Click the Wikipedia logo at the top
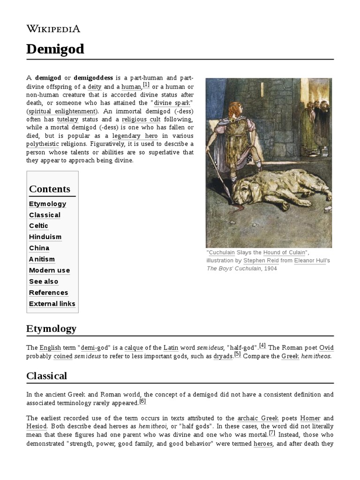(53, 29)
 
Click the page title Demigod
(55, 49)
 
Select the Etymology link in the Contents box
(47, 204)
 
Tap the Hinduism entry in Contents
(45, 237)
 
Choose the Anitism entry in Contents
(42, 259)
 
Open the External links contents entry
(52, 304)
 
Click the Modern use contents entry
(49, 270)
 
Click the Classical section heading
(47, 376)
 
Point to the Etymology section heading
(51, 329)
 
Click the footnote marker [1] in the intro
(146, 85)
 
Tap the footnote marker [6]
(142, 401)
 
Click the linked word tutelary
(67, 120)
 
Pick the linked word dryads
(223, 356)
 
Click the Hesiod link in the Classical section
(37, 427)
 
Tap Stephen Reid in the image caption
(260, 261)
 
